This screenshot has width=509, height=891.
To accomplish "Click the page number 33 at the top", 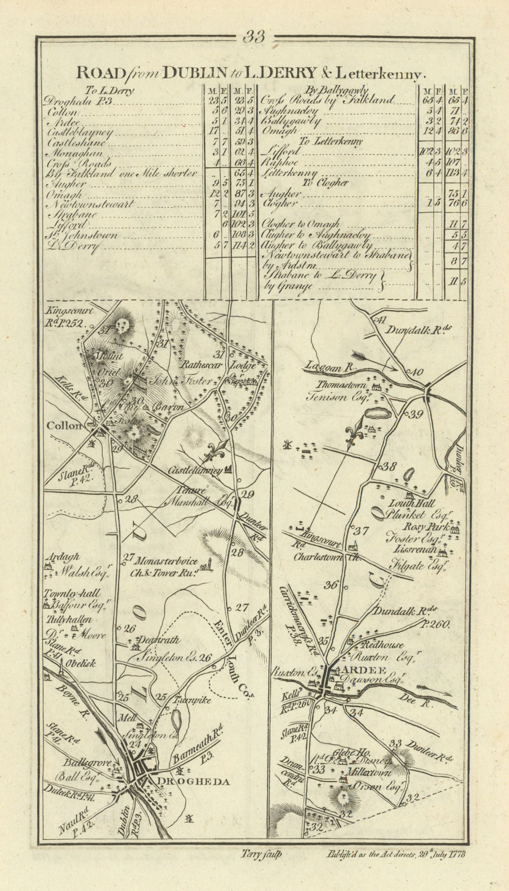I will pyautogui.click(x=254, y=37).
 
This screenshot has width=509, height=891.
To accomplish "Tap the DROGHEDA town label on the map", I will pyautogui.click(x=193, y=782).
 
